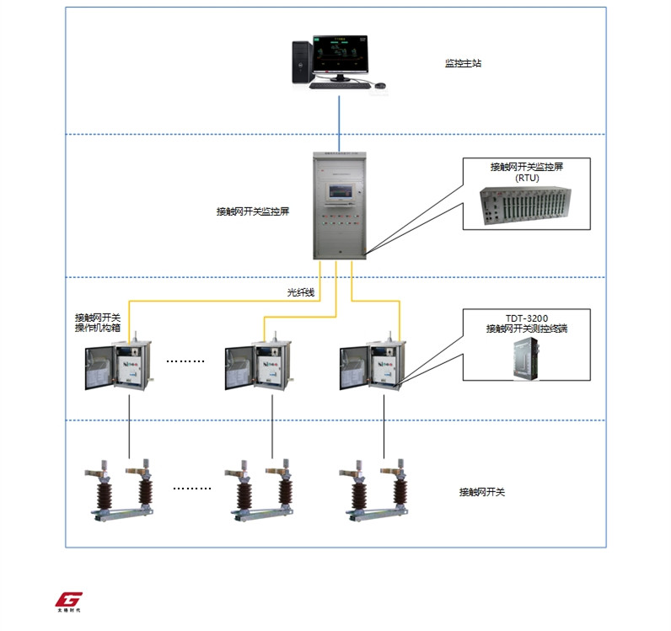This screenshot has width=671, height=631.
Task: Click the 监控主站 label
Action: pos(463,63)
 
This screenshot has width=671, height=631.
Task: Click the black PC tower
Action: pos(301,62)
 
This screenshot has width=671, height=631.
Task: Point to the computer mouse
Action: pos(380,85)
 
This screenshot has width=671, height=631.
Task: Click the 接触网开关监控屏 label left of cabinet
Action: pos(253,212)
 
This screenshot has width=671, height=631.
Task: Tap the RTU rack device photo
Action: pos(526,206)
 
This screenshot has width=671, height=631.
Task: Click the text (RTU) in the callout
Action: pos(526,178)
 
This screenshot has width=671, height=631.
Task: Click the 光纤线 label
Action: pos(300,293)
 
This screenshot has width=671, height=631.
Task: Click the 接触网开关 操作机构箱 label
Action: pos(98,323)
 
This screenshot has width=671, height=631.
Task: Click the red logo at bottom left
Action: pos(68,599)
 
